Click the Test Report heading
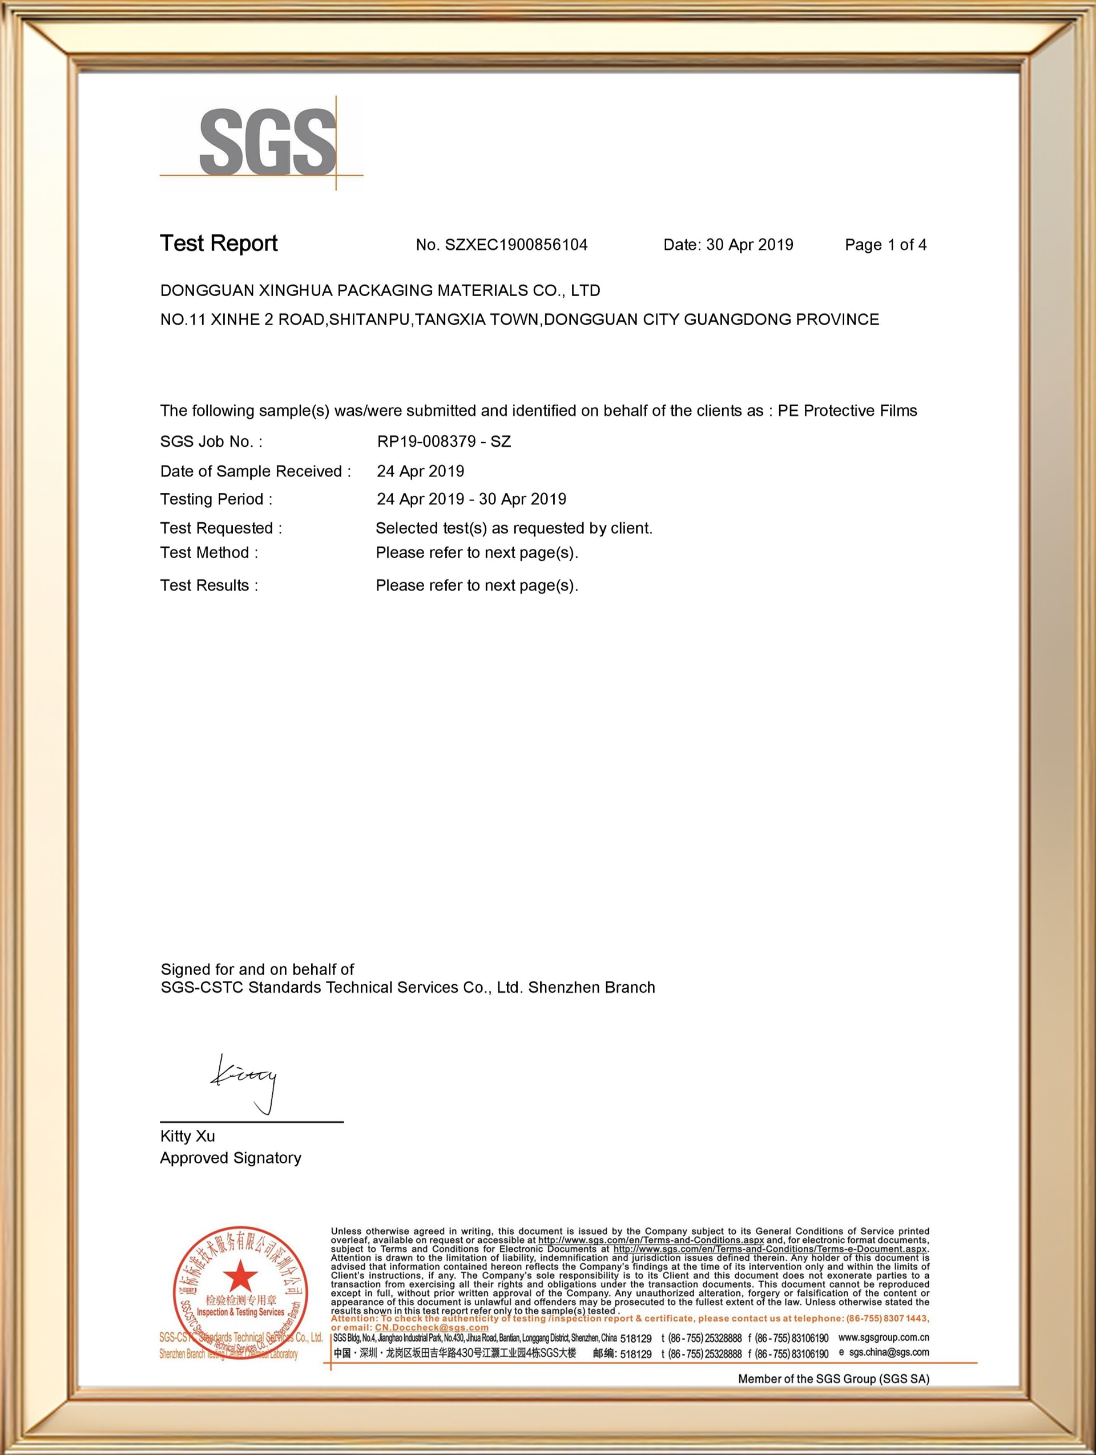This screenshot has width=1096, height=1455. (219, 244)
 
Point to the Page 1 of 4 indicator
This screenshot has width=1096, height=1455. (885, 245)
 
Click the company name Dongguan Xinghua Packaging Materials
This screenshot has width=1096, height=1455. (380, 290)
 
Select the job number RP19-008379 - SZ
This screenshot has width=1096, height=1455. (444, 442)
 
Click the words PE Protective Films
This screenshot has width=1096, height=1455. (847, 410)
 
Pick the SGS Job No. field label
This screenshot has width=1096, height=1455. (211, 442)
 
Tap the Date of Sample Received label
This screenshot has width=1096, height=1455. (255, 471)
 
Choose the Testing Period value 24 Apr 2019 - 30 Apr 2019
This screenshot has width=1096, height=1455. (471, 499)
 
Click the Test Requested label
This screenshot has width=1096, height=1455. (221, 528)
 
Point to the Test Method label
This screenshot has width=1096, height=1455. (209, 552)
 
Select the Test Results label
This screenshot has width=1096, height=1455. (209, 585)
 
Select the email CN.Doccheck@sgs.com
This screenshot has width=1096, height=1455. (432, 1327)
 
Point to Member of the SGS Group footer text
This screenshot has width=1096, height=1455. (833, 1378)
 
